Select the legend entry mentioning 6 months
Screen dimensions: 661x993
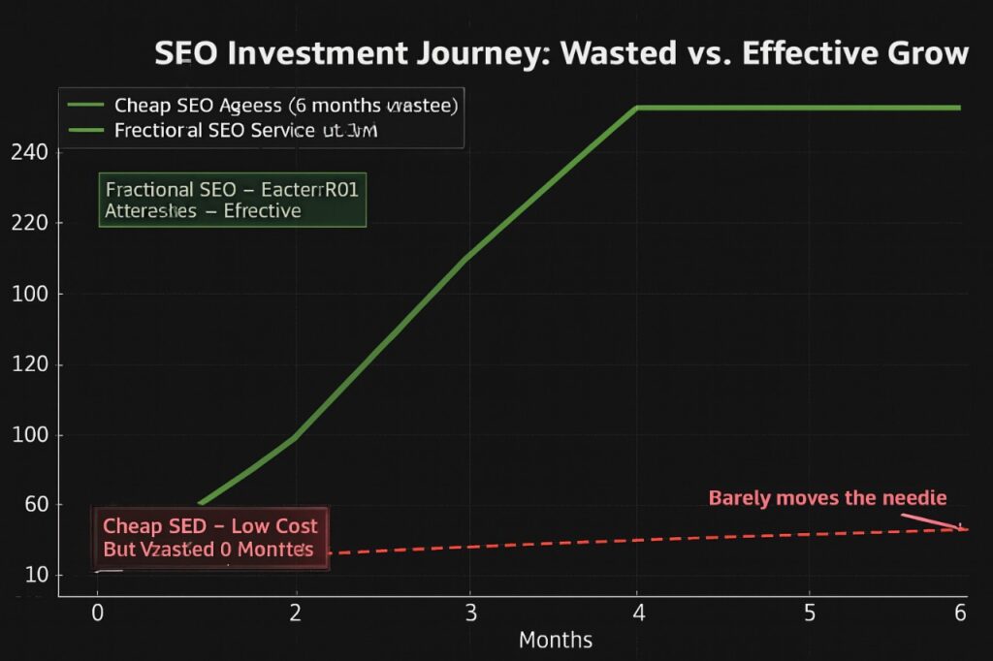pyautogui.click(x=286, y=105)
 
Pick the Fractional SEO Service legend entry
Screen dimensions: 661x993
pyautogui.click(x=243, y=130)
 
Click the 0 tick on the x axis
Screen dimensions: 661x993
pyautogui.click(x=96, y=613)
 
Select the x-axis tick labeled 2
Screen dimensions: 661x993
pyautogui.click(x=296, y=613)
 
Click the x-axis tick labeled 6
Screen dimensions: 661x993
pyautogui.click(x=960, y=613)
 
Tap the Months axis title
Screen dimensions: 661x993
pyautogui.click(x=555, y=641)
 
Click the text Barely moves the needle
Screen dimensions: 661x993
pyautogui.click(x=827, y=498)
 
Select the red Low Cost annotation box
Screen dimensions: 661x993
pyautogui.click(x=210, y=538)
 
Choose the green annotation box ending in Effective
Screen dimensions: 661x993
pyautogui.click(x=232, y=200)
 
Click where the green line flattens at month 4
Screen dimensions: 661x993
pyautogui.click(x=636, y=108)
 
